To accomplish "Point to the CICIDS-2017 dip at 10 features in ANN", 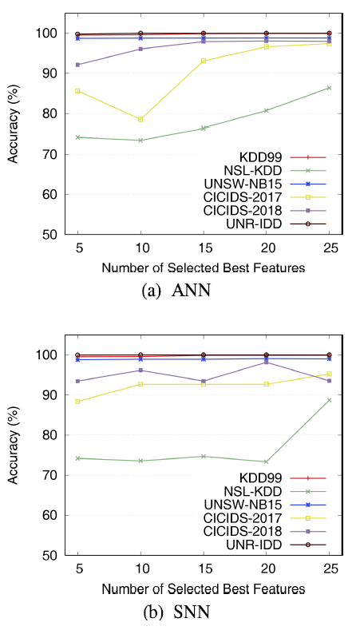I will pyautogui.click(x=140, y=119).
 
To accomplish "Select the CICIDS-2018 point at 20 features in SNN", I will pyautogui.click(x=266, y=362).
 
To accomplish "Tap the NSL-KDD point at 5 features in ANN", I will pyautogui.click(x=77, y=137).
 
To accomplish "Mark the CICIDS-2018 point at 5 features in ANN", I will pyautogui.click(x=77, y=65).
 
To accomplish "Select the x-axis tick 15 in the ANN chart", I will pyautogui.click(x=203, y=250).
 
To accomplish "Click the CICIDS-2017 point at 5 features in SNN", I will pyautogui.click(x=77, y=401).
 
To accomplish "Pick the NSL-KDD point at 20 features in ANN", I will pyautogui.click(x=266, y=110).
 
